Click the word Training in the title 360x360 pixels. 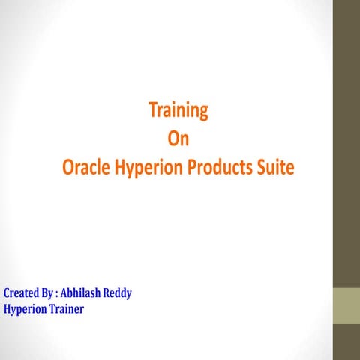tap(178, 112)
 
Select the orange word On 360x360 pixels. tap(178, 140)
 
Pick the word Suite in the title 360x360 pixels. tap(277, 169)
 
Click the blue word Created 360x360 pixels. tap(21, 292)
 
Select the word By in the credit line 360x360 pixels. tap(49, 293)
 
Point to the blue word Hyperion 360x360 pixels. tap(23, 308)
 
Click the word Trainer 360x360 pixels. tap(64, 307)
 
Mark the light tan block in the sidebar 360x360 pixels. tap(346, 305)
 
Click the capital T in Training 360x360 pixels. tap(153, 111)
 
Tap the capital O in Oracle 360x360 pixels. tap(68, 169)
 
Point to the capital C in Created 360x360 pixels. tap(7, 292)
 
